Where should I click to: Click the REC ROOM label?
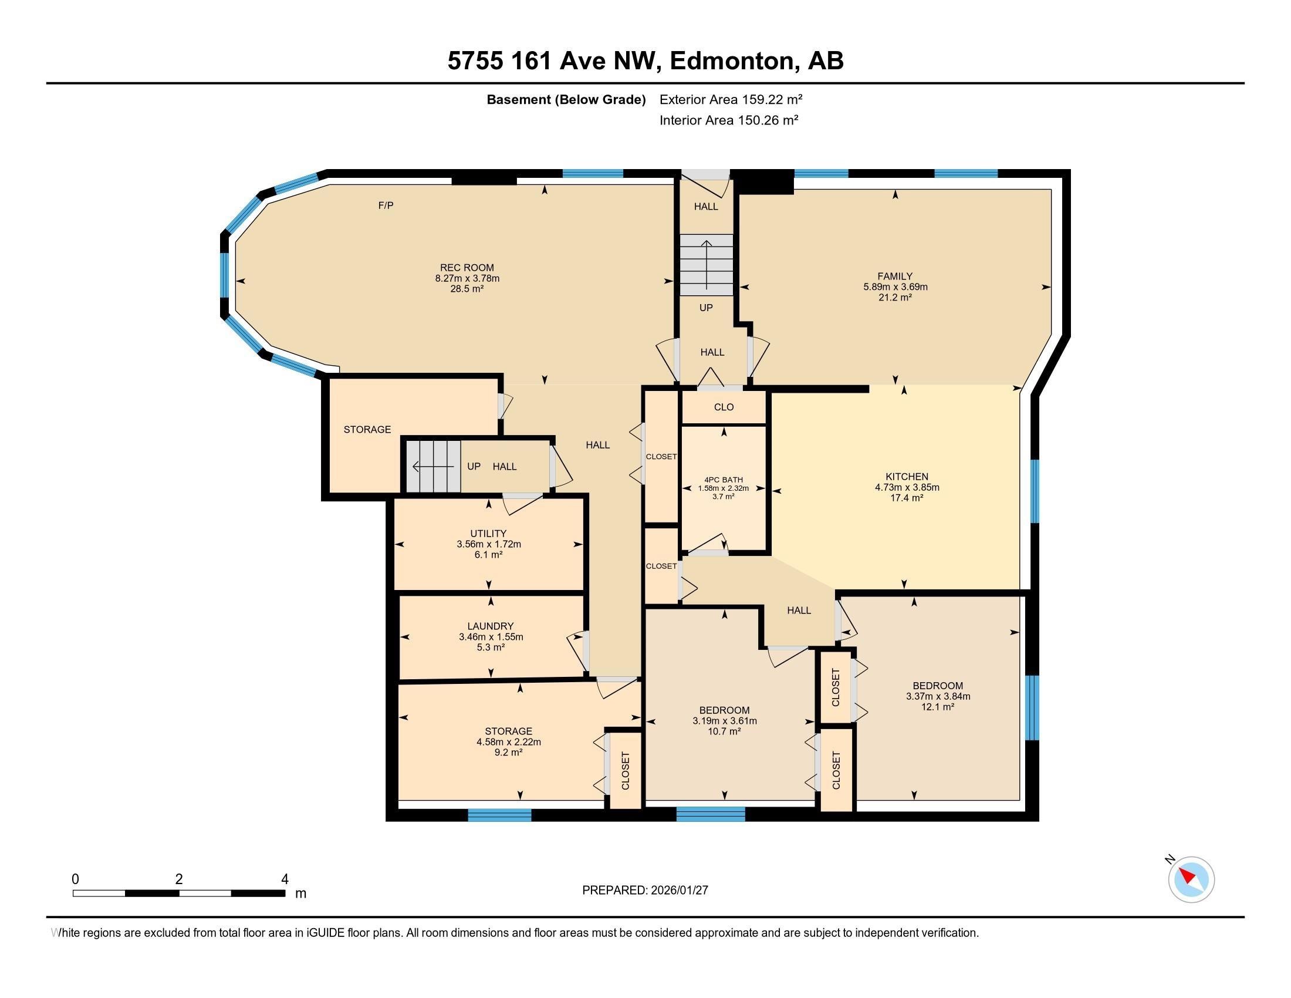click(x=467, y=267)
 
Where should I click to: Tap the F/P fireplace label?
click(x=386, y=205)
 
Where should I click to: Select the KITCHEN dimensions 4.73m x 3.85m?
click(x=907, y=487)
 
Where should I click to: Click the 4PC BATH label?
click(x=723, y=480)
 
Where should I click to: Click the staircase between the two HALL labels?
click(x=706, y=264)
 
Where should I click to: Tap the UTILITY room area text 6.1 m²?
click(x=488, y=555)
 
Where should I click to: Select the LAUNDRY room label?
click(x=490, y=626)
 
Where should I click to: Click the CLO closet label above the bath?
click(x=724, y=407)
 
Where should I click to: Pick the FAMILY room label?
click(x=894, y=276)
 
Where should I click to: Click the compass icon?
click(x=1191, y=880)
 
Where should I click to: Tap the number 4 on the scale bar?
click(x=285, y=879)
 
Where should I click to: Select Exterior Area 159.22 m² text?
click(x=731, y=99)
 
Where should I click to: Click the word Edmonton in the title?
click(x=732, y=60)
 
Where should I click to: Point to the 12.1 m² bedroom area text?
click(x=938, y=706)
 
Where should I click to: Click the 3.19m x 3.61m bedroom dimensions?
click(x=725, y=721)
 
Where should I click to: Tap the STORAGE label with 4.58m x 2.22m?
click(x=508, y=731)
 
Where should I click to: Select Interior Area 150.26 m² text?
click(x=729, y=120)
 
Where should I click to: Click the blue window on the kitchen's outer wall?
click(x=1035, y=491)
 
